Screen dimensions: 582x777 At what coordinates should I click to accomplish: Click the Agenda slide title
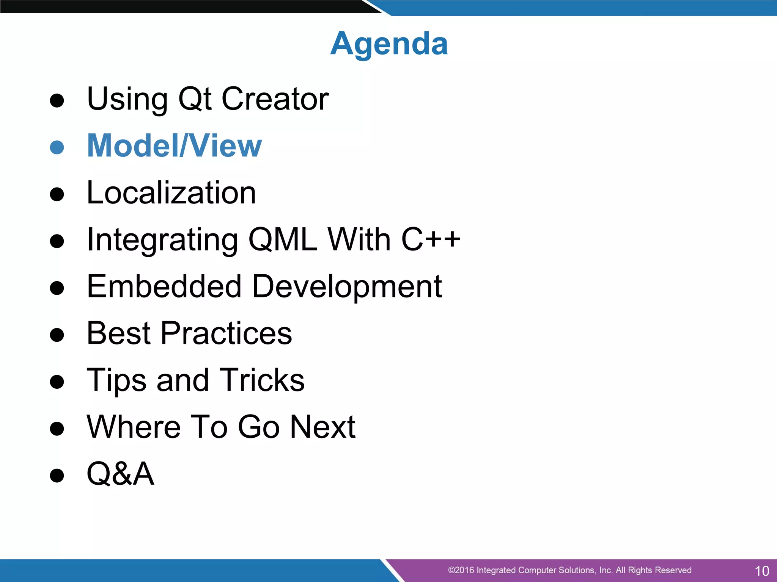point(389,44)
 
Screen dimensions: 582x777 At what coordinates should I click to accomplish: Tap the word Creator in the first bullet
point(275,99)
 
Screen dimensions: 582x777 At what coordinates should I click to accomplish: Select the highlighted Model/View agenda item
point(175,146)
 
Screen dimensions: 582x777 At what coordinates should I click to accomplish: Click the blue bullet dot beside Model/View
point(57,147)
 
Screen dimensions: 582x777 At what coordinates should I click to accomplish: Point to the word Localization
point(171,193)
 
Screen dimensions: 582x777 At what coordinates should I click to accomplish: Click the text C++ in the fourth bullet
point(431,239)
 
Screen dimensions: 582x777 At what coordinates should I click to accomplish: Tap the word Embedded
point(164,286)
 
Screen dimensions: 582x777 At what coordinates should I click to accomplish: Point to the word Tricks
point(262,380)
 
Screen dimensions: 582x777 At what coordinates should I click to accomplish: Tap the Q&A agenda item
point(121,474)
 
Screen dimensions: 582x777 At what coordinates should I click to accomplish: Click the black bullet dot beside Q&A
point(57,476)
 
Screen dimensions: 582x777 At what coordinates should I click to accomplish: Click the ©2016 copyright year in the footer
point(461,570)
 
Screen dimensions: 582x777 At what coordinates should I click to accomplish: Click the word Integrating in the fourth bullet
point(162,240)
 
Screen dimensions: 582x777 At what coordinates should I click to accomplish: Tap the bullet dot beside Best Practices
point(57,335)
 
